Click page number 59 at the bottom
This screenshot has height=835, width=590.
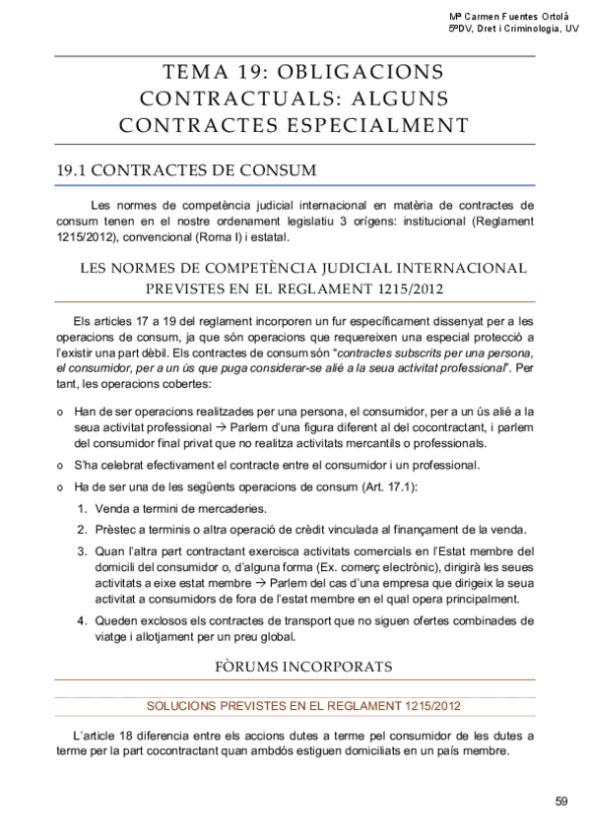[x=561, y=800]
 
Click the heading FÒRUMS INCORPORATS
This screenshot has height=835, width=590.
[x=303, y=667]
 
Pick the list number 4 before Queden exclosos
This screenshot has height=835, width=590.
[x=82, y=620]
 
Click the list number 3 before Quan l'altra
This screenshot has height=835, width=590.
[x=82, y=550]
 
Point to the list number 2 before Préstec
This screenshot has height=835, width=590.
[x=82, y=530]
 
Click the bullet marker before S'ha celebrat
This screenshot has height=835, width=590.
[x=61, y=466]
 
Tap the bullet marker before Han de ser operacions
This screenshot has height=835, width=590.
[x=61, y=411]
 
